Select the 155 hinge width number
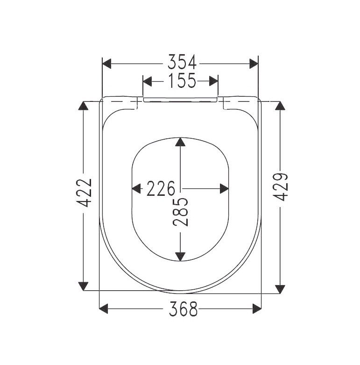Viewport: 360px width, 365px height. point(180,81)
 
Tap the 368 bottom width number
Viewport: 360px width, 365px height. point(180,309)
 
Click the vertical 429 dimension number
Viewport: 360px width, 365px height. point(280,187)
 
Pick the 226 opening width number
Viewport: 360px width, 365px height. point(160,189)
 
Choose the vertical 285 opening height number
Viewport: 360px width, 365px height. point(181,212)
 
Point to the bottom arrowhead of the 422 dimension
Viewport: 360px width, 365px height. point(84,285)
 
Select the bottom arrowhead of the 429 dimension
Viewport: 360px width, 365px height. point(280,289)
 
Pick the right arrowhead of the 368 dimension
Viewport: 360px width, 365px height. point(256,308)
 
